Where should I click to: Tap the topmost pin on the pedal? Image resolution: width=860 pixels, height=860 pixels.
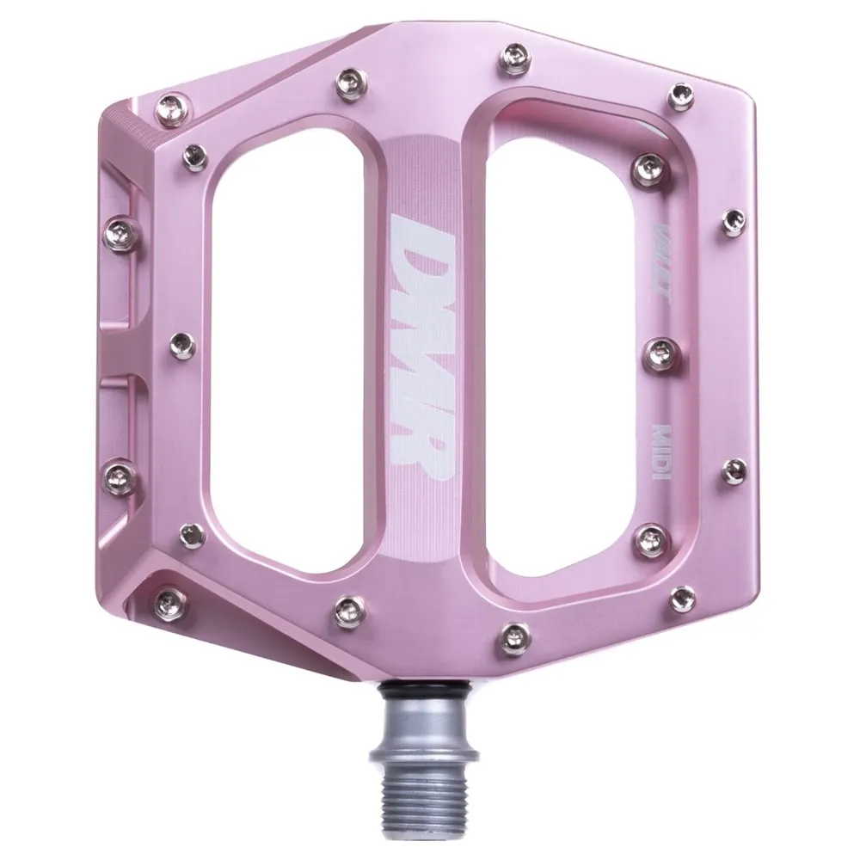click(x=513, y=53)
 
